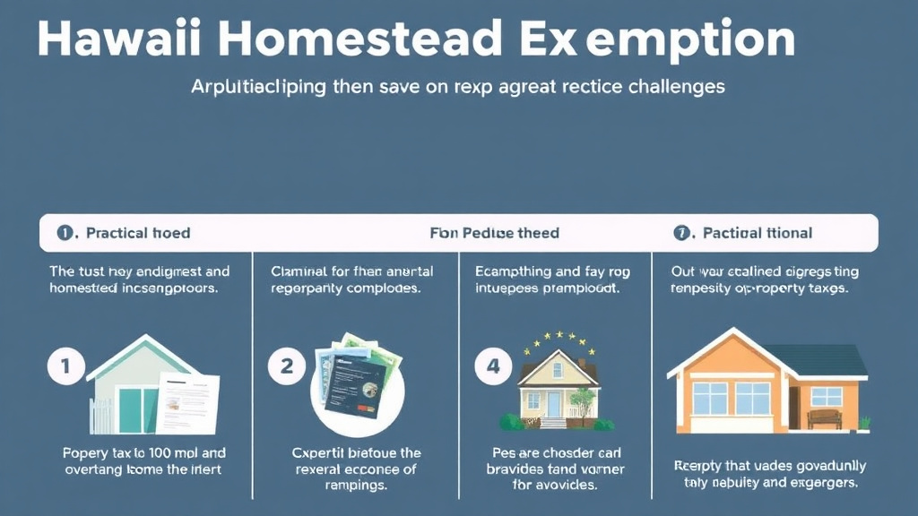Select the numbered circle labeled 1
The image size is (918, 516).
point(66,367)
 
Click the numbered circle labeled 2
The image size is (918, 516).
point(287,366)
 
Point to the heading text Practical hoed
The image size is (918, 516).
point(137,233)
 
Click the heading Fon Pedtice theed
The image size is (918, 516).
point(494,233)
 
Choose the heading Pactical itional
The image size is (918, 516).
point(758,233)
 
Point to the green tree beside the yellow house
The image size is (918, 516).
point(584,398)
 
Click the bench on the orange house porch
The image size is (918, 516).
point(824,417)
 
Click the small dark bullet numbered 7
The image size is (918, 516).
point(682,233)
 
